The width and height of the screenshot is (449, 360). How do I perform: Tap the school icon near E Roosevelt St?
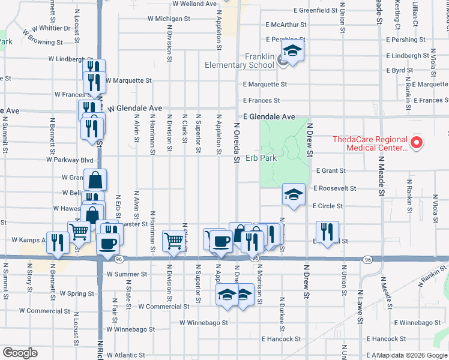point(293,194)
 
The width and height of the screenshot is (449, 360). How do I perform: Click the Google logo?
point(20,353)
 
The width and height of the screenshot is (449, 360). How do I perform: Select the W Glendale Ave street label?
point(136,108)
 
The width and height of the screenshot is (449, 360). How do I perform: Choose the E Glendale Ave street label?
point(269,116)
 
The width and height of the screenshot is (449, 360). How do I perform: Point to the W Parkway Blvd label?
point(70,160)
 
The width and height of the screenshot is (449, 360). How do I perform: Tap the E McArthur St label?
point(286,25)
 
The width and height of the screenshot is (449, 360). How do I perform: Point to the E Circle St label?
point(328,206)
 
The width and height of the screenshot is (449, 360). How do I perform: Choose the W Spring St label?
point(77,294)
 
